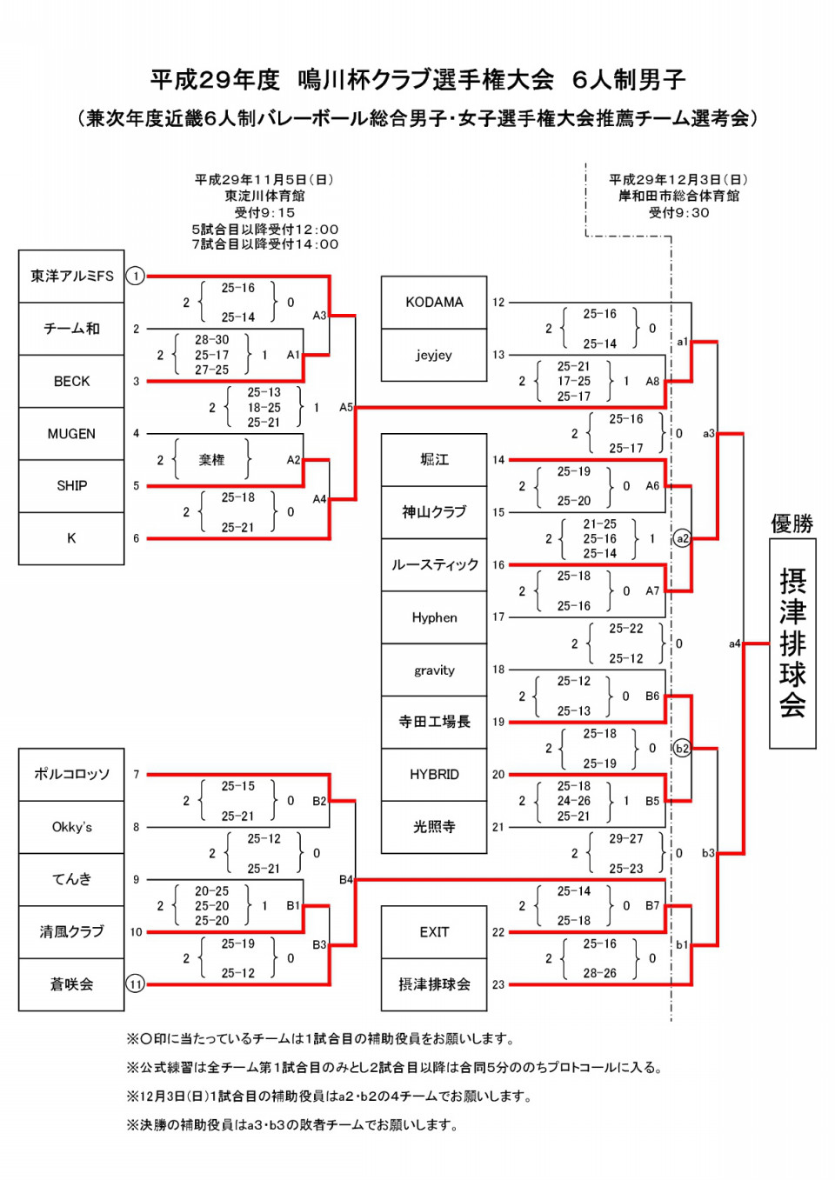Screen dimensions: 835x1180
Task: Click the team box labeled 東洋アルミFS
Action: click(x=71, y=276)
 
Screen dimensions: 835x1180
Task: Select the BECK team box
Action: click(x=71, y=381)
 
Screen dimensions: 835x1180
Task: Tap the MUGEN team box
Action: click(x=71, y=434)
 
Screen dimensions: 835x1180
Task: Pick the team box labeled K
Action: click(x=71, y=538)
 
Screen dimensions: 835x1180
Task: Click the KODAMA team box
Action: click(x=433, y=303)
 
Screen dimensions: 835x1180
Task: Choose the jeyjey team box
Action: click(x=433, y=355)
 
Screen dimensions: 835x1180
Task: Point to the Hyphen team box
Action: click(x=433, y=617)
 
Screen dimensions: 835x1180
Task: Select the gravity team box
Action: click(x=433, y=670)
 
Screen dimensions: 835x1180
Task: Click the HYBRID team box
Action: click(x=433, y=775)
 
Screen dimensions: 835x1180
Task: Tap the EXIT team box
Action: click(x=433, y=932)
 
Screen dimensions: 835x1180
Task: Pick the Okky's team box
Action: click(x=71, y=827)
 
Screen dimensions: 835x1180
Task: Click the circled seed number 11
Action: click(x=136, y=984)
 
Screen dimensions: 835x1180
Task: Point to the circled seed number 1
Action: click(x=136, y=276)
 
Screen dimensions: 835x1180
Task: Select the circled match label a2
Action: click(x=682, y=538)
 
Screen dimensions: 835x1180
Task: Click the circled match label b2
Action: click(x=682, y=748)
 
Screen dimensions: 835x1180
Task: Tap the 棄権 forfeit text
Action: click(x=211, y=460)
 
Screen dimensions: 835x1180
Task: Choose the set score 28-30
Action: click(x=211, y=340)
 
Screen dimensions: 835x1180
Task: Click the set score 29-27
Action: click(x=626, y=838)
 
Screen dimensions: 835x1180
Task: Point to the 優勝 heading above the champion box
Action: click(x=792, y=523)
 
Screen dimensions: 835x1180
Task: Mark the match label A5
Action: click(x=346, y=407)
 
